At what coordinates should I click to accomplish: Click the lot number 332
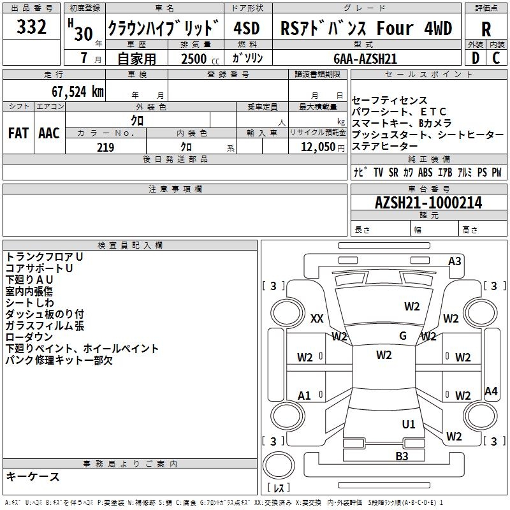[x=31, y=27]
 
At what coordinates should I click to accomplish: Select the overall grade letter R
[x=486, y=29]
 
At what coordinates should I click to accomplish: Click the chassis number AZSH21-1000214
[x=428, y=203]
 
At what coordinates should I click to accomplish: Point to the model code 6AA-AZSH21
[x=365, y=58]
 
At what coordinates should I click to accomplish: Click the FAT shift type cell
[x=18, y=133]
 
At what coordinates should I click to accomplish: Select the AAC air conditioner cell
[x=49, y=133]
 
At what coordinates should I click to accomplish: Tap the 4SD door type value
[x=247, y=29]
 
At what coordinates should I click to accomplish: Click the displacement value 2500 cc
[x=198, y=59]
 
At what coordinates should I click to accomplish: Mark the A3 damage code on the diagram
[x=455, y=261]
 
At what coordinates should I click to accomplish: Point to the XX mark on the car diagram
[x=317, y=319]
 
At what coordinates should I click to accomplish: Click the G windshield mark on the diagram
[x=403, y=336]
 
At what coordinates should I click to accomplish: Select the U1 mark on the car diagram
[x=409, y=424]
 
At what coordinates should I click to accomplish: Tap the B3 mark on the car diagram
[x=402, y=456]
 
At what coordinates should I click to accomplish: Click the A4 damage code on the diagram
[x=491, y=391]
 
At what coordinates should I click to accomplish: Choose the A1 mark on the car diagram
[x=305, y=396]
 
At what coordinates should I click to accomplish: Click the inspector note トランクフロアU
[x=45, y=256]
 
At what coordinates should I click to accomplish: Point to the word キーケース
[x=33, y=476]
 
